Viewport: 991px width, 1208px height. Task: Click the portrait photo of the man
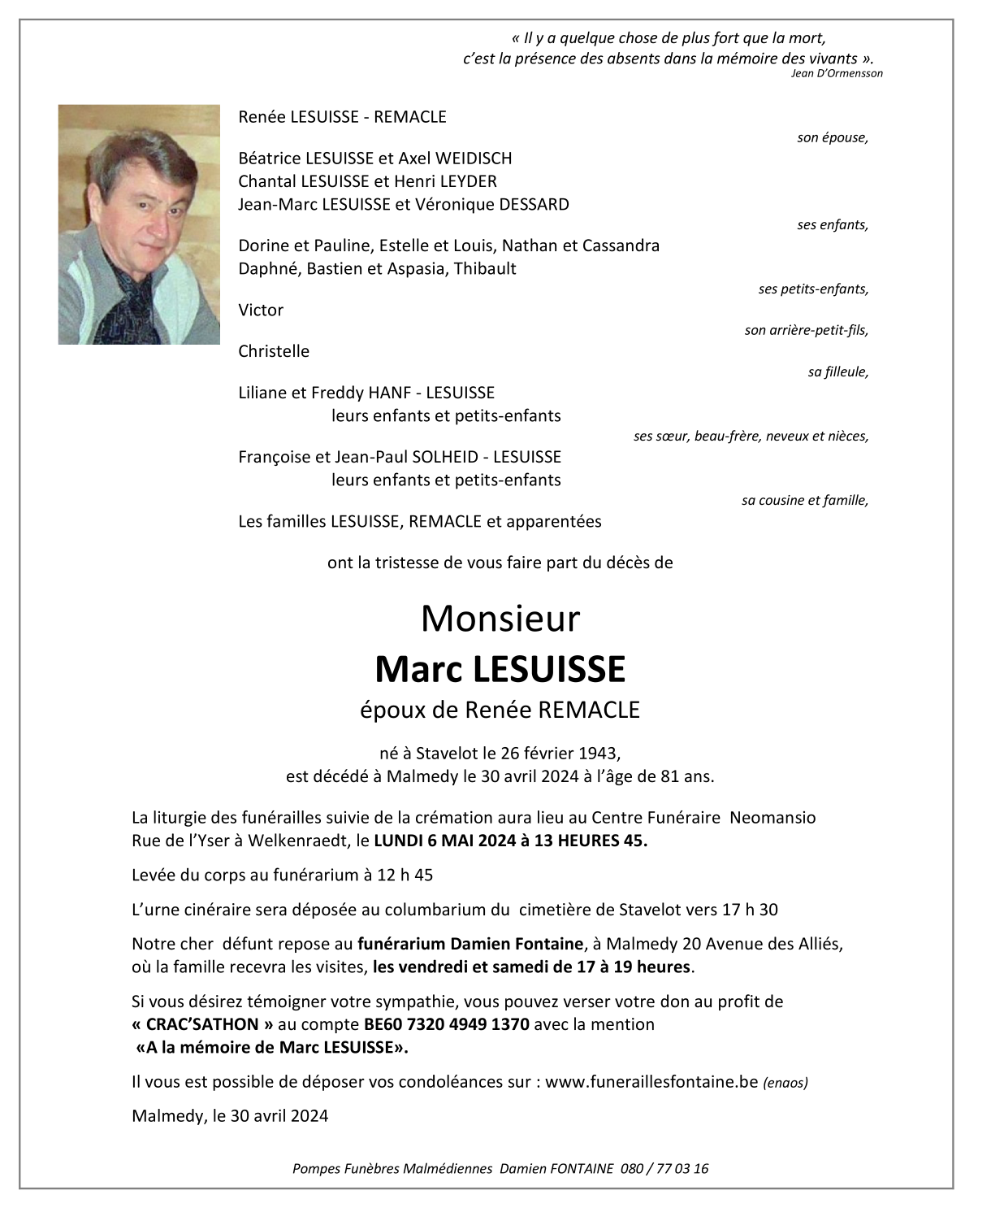(139, 224)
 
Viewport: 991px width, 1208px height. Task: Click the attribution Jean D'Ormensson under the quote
(836, 73)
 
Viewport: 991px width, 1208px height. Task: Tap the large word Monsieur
(500, 619)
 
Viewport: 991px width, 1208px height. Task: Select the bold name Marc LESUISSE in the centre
(500, 669)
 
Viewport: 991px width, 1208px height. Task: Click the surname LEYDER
(466, 181)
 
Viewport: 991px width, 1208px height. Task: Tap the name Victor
(261, 310)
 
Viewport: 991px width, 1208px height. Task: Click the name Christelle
(274, 351)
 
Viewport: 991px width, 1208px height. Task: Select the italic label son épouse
(832, 138)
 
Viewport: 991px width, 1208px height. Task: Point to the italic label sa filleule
(837, 372)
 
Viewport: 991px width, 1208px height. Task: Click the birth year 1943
(599, 754)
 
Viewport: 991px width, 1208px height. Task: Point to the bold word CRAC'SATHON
(202, 1024)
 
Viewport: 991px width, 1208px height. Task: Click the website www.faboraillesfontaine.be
(651, 1082)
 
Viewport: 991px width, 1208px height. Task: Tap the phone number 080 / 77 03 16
(664, 1169)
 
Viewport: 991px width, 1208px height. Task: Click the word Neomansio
(772, 818)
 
